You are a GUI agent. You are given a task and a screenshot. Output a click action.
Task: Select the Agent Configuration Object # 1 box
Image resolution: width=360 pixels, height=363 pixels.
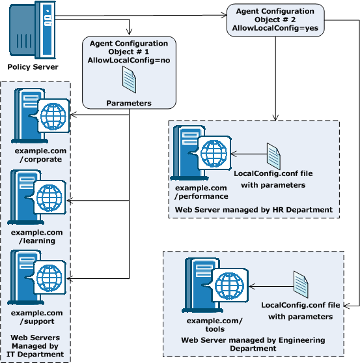pos(128,72)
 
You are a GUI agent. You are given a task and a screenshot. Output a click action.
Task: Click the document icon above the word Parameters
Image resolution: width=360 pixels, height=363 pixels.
pos(130,82)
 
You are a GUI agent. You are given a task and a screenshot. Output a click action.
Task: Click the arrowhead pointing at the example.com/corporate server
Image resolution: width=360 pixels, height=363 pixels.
pos(72,116)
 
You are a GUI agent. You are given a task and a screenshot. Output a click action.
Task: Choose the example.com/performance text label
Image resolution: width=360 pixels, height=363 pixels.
pos(202,192)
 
